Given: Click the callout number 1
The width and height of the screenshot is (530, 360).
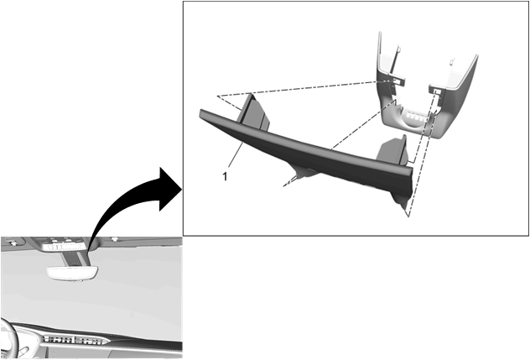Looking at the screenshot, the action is tap(225, 176).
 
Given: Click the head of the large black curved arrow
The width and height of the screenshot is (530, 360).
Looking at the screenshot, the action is tap(170, 189).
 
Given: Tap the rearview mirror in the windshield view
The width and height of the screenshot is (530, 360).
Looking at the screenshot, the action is tap(73, 273).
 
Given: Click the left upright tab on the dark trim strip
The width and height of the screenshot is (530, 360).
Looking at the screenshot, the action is tap(254, 112).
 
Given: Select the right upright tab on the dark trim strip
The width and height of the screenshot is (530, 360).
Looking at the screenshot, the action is tap(392, 149).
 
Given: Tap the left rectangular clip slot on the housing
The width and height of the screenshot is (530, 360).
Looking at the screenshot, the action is tap(396, 81).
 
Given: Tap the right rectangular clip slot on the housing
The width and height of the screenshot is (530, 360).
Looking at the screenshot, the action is tap(436, 91).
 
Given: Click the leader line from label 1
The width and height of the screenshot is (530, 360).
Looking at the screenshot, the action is tap(236, 154).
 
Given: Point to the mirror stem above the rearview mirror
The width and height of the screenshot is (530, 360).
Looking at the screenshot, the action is tap(75, 258).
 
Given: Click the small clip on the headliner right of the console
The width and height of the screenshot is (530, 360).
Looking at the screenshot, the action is tap(115, 239).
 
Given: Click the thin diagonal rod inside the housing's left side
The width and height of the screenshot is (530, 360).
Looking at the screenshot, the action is tap(394, 60).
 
